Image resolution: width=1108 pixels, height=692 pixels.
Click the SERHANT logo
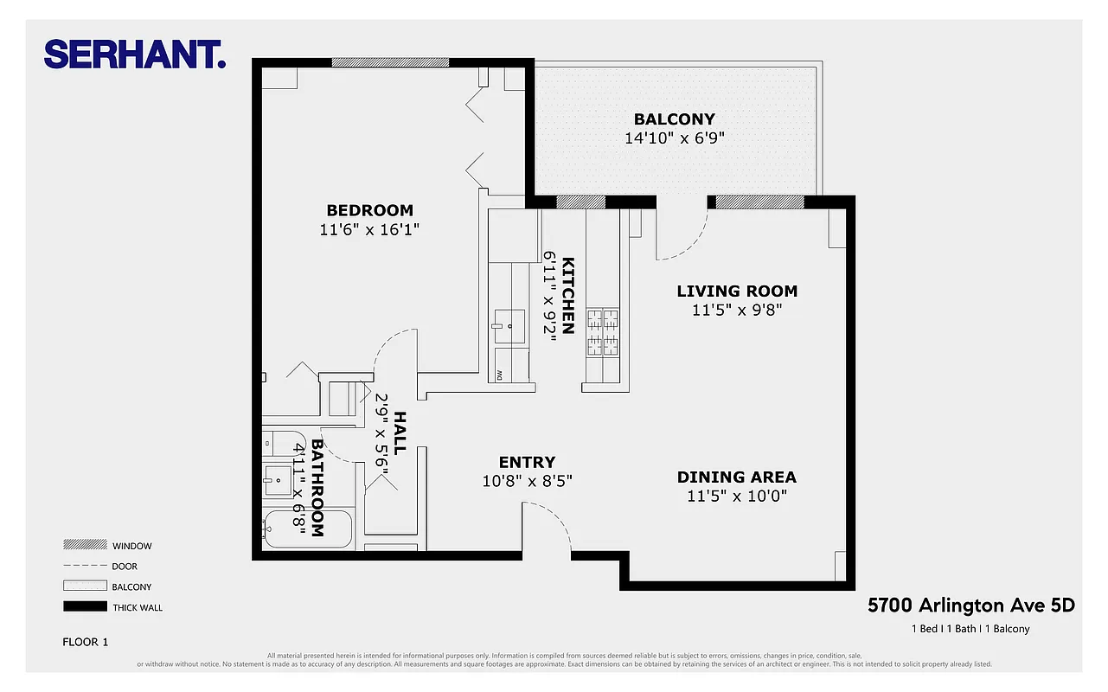[x=135, y=54]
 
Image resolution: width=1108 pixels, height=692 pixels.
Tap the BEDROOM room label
[x=369, y=210]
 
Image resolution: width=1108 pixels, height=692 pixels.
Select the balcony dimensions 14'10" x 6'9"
[x=674, y=138]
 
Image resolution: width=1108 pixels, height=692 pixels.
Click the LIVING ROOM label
[x=737, y=292]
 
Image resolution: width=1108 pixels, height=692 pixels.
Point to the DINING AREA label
[x=736, y=477]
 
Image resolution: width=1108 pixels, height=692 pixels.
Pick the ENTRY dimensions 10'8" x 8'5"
[x=527, y=480]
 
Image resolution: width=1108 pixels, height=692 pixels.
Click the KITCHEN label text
[x=568, y=295]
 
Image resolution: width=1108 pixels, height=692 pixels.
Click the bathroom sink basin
[x=279, y=479]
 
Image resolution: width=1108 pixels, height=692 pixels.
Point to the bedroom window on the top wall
[x=390, y=62]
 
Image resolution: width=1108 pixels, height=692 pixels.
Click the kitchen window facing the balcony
[x=580, y=202]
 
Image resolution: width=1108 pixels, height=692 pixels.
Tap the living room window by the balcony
[x=759, y=202]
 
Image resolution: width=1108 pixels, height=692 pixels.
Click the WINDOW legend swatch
[x=83, y=545]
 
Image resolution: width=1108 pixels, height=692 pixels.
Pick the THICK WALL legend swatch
[x=83, y=607]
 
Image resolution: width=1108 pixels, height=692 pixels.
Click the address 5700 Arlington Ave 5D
[x=970, y=605]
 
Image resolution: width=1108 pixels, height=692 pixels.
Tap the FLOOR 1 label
[x=86, y=642]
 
